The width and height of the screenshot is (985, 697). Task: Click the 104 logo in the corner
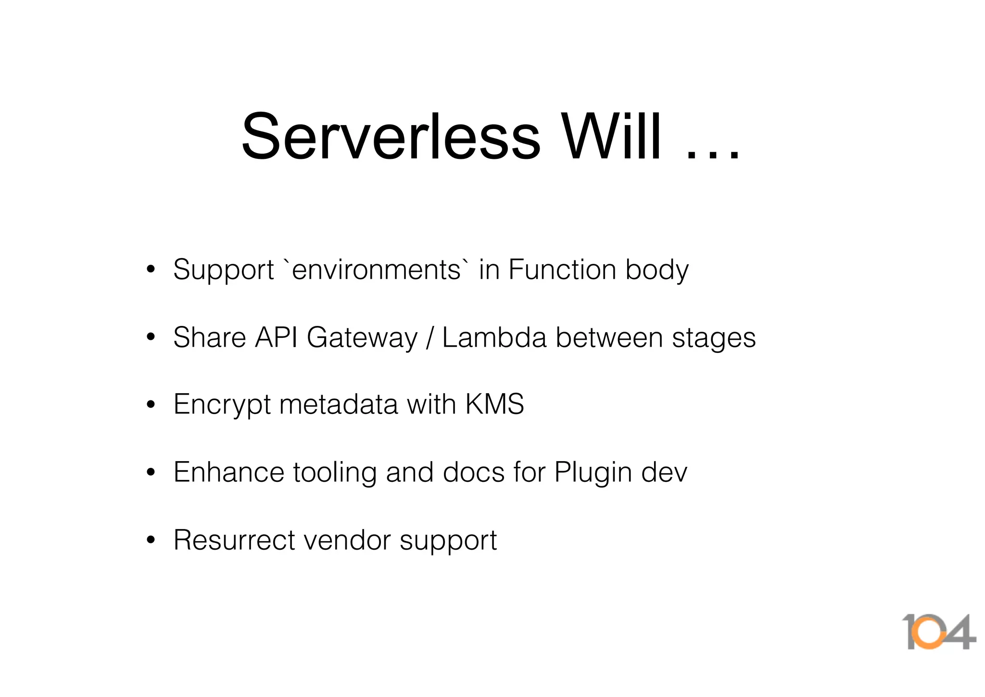pos(938,632)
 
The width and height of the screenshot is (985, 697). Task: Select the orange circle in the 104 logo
pos(929,632)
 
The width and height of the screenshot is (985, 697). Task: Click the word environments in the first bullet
pos(376,270)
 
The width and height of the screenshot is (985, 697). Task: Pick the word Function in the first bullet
pos(562,270)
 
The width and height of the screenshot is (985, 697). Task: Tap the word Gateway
pos(362,338)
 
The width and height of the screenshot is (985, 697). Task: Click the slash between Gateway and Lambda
pos(429,338)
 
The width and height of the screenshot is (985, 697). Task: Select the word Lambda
pos(494,337)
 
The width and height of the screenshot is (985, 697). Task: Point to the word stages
pos(714,338)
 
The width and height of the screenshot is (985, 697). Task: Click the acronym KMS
pos(494,404)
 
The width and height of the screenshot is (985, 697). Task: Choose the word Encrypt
pos(222,405)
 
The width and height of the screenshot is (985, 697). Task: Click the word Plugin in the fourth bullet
pos(593,473)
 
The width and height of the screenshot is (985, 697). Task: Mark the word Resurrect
pos(234,540)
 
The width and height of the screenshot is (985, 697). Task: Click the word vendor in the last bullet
pos(347,540)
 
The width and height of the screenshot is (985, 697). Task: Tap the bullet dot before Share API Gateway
pos(151,337)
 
